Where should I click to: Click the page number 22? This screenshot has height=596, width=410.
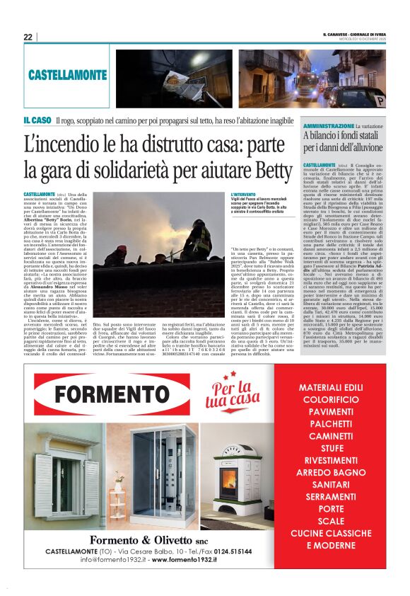[28, 37]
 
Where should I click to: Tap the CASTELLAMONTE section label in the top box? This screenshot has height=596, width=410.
[67, 74]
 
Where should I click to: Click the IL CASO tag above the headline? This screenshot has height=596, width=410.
[37, 120]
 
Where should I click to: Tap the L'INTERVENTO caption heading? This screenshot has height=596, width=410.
[244, 194]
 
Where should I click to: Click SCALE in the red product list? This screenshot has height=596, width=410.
[330, 520]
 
